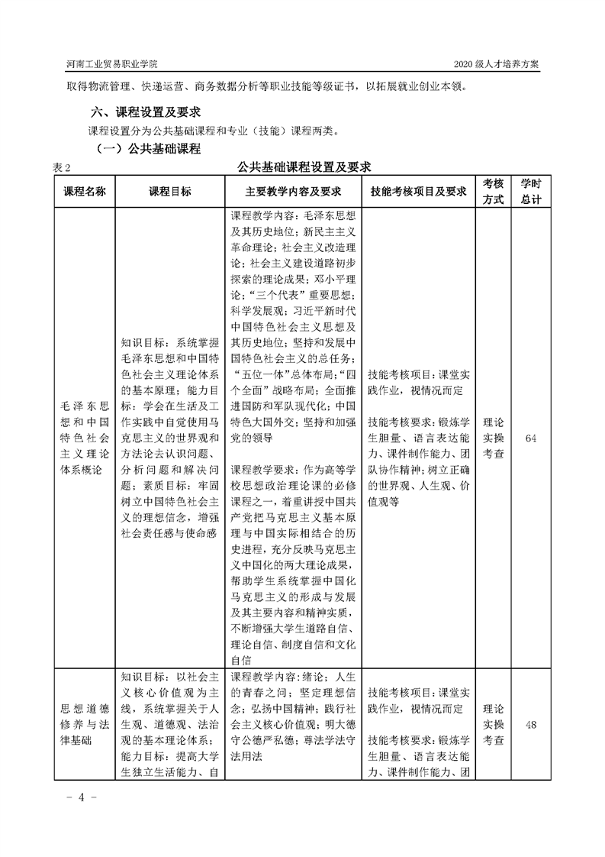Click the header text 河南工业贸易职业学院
coord(113,64)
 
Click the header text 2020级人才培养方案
coord(496,64)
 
